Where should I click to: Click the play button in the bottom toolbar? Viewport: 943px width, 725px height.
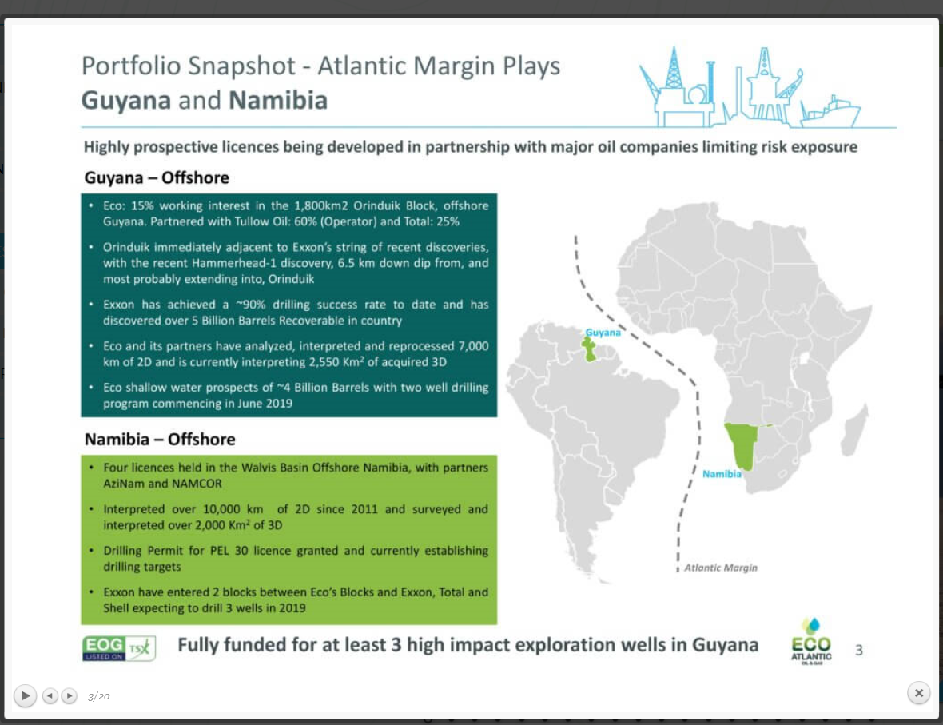pyautogui.click(x=26, y=695)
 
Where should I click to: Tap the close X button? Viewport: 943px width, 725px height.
pyautogui.click(x=919, y=693)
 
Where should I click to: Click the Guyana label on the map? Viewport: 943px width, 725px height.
pyautogui.click(x=603, y=332)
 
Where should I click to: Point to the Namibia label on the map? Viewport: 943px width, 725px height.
pyautogui.click(x=722, y=474)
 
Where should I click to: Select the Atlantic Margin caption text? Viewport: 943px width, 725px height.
pyautogui.click(x=720, y=568)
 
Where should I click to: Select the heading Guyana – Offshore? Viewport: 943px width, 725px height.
pyautogui.click(x=157, y=177)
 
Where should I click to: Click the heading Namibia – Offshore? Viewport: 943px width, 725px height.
pyautogui.click(x=160, y=439)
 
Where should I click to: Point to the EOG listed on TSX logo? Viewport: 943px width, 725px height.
pyautogui.click(x=119, y=647)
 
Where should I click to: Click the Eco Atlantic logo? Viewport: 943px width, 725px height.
pyautogui.click(x=811, y=642)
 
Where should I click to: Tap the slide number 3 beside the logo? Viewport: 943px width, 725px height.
pyautogui.click(x=859, y=650)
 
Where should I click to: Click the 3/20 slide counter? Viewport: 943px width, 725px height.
pyautogui.click(x=98, y=696)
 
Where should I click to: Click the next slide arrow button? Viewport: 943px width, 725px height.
pyautogui.click(x=70, y=695)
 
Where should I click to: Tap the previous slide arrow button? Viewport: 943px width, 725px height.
pyautogui.click(x=50, y=695)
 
